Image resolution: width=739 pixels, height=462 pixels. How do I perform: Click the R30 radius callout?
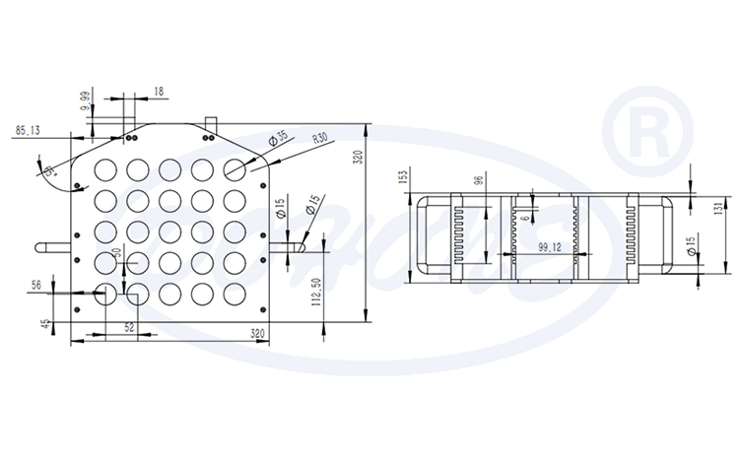pyautogui.click(x=319, y=140)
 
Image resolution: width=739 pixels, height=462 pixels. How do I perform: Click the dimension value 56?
pyautogui.click(x=35, y=285)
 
